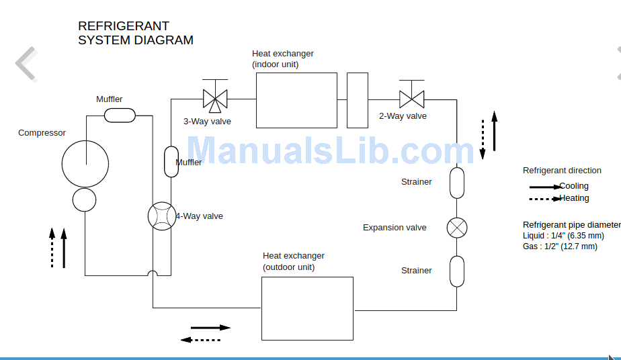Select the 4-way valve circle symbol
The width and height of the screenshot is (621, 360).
point(161,216)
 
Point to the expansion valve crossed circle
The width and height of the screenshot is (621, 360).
point(457,228)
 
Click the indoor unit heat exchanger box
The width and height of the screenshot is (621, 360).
point(296,100)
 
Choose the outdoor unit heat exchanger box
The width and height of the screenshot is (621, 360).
point(307,308)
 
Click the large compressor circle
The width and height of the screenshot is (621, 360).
point(85,163)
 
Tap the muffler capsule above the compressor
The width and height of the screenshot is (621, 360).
point(120,116)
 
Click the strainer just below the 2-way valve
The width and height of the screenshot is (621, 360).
point(457,182)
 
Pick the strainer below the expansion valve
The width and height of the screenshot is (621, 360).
point(457,271)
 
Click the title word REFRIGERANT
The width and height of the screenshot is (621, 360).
point(124,26)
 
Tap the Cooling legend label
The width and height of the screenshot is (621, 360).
point(574,186)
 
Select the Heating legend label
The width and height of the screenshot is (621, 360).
point(574,198)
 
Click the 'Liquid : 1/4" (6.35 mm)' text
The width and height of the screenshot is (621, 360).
point(563,236)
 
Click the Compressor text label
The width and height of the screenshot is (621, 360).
point(42,133)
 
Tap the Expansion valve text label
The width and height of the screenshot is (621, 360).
point(395,228)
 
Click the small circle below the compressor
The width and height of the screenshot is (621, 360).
point(85,199)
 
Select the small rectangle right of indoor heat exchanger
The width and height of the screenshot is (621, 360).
point(358,100)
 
